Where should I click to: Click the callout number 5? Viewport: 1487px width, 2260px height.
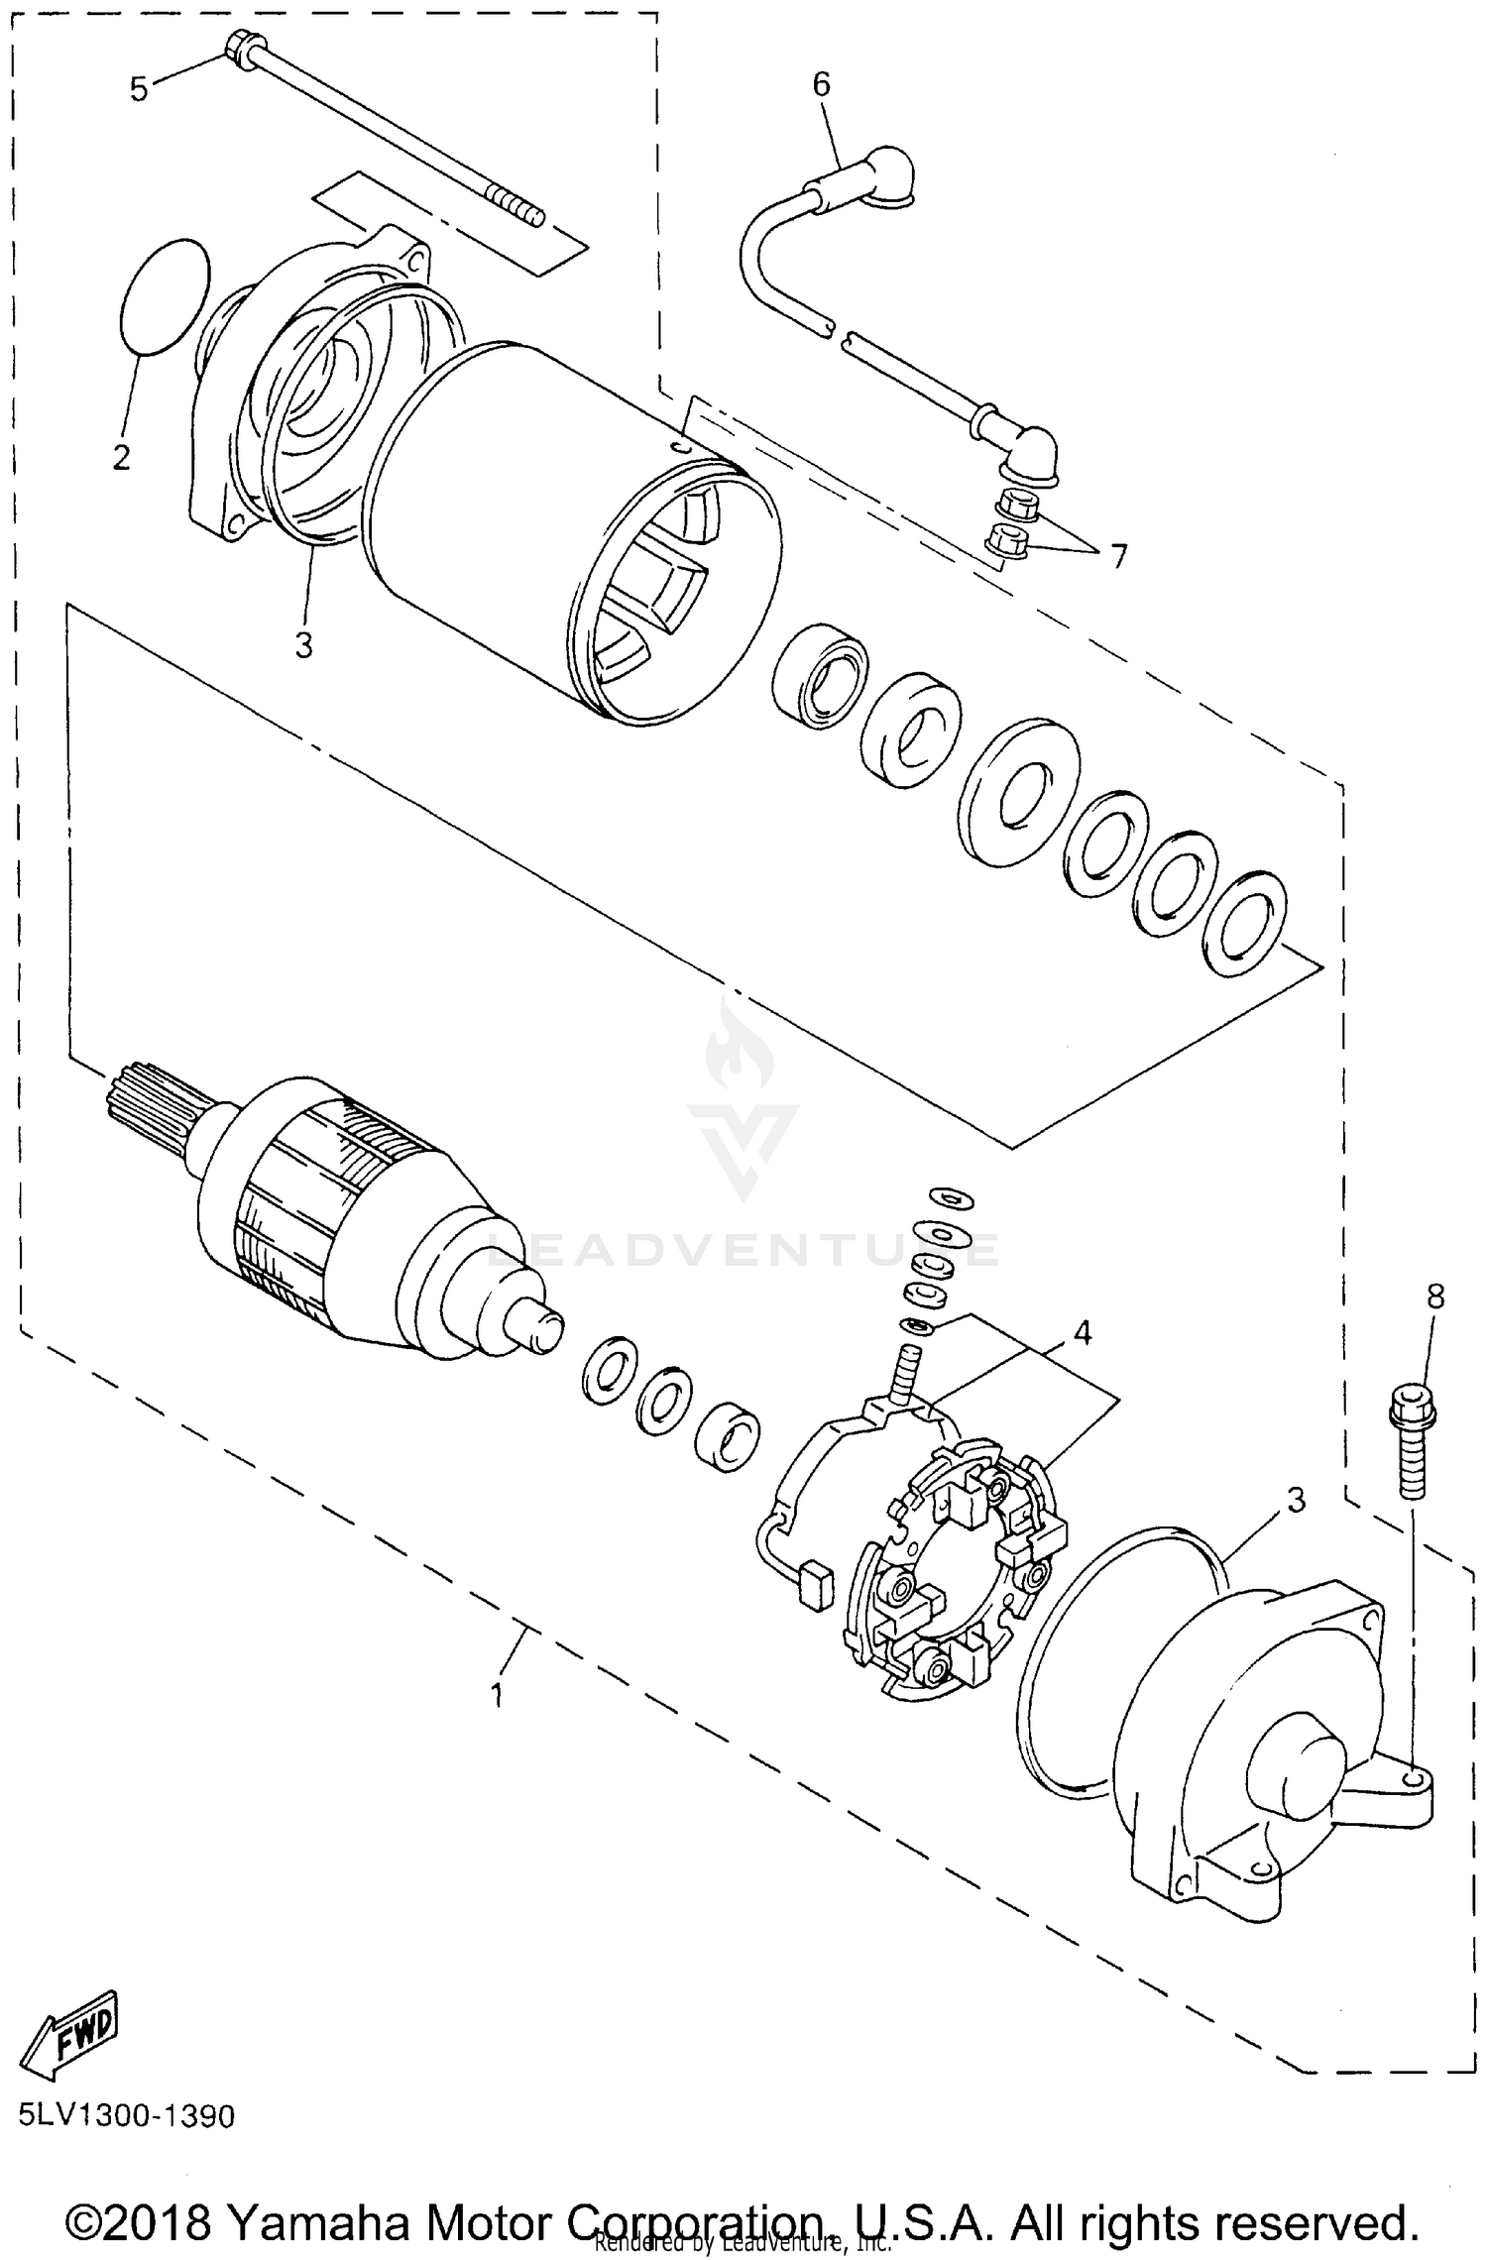point(139,88)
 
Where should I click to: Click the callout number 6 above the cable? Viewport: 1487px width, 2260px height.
point(822,85)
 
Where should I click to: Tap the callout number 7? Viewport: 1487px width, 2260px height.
point(1118,556)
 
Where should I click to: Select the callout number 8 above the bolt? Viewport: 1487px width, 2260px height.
point(1434,1296)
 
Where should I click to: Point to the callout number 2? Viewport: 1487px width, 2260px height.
point(122,457)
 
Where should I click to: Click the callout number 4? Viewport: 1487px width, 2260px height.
point(1083,1333)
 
